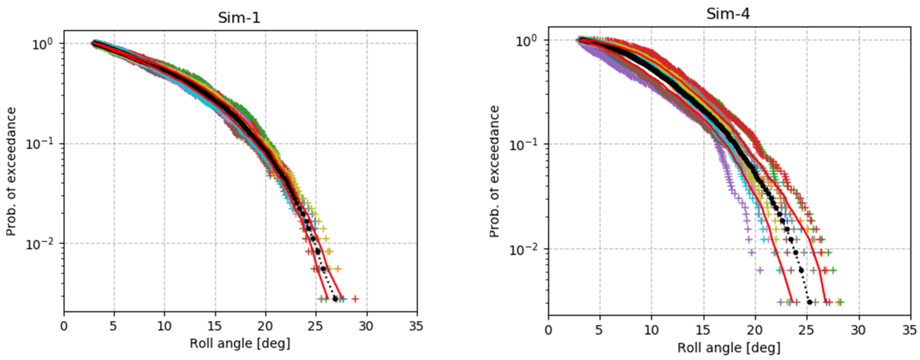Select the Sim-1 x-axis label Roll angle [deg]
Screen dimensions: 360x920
coord(240,344)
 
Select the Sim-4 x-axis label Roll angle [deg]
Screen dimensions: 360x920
coord(729,348)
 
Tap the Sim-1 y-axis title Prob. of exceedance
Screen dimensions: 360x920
coord(11,171)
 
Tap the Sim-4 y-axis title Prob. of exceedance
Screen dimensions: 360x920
coord(494,171)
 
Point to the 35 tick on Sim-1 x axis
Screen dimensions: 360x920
coord(416,326)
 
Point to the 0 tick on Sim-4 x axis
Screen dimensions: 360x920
coord(548,330)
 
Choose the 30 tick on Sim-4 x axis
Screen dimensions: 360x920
coord(858,330)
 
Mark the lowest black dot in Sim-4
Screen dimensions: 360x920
coord(810,302)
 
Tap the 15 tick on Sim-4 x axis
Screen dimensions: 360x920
coord(704,330)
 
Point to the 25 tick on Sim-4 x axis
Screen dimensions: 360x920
coord(807,330)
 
